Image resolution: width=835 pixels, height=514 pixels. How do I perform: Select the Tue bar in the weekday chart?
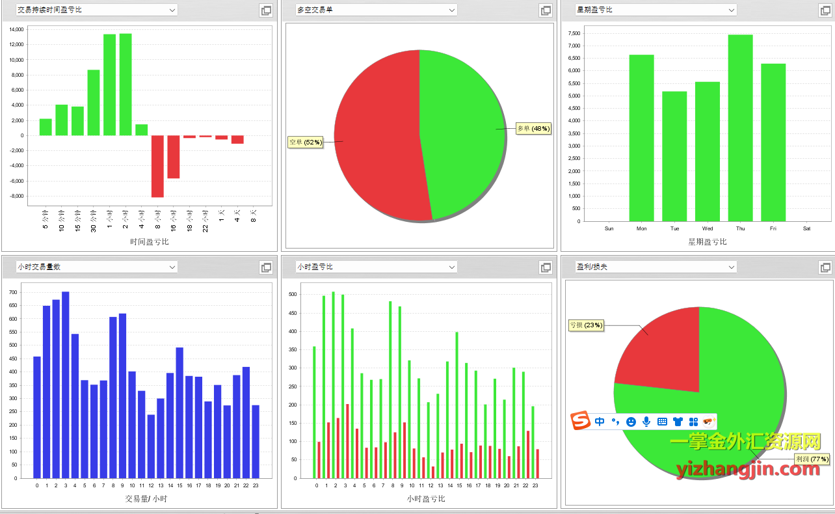point(674,156)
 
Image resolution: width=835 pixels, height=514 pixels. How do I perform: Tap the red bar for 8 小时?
point(157,166)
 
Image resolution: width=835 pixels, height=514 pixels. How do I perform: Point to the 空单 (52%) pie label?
point(306,142)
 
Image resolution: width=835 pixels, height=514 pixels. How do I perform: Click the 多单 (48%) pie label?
point(533,129)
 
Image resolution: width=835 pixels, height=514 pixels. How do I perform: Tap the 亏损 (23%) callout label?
point(586,325)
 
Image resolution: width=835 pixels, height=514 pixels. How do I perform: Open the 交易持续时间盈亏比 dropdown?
point(97,10)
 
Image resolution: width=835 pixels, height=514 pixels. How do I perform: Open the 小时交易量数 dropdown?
point(97,267)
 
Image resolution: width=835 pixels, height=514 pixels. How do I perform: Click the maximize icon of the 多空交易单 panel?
point(546,10)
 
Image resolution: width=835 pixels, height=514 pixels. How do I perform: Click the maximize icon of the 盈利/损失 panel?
point(825,267)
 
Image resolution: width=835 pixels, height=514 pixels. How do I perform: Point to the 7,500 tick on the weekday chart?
point(574,33)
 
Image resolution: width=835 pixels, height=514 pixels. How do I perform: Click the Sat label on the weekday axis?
point(806,228)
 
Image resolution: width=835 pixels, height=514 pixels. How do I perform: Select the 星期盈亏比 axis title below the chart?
point(707,242)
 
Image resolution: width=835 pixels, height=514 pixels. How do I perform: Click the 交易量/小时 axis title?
point(146,499)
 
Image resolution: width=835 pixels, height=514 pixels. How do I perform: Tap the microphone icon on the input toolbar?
point(646,422)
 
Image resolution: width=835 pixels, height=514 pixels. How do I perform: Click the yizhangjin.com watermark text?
point(748,468)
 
